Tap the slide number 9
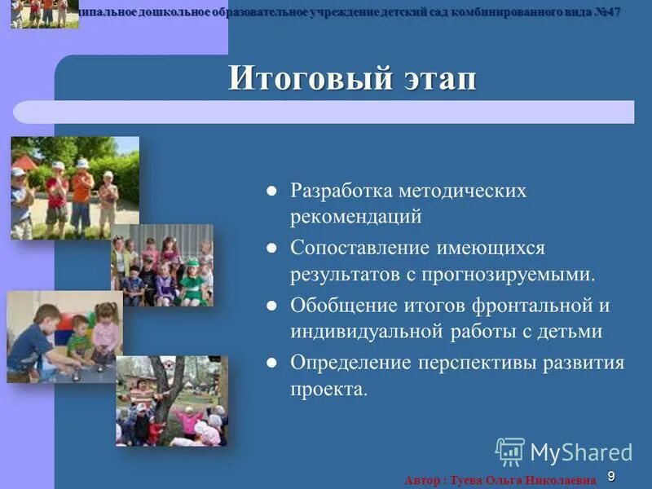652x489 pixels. [611, 476]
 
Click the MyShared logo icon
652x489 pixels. [510, 452]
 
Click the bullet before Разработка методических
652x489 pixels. [272, 192]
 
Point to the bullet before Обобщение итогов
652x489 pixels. [272, 306]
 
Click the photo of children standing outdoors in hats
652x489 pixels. [75, 188]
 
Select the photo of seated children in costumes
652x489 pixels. [162, 266]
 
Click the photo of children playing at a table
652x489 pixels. [64, 337]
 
